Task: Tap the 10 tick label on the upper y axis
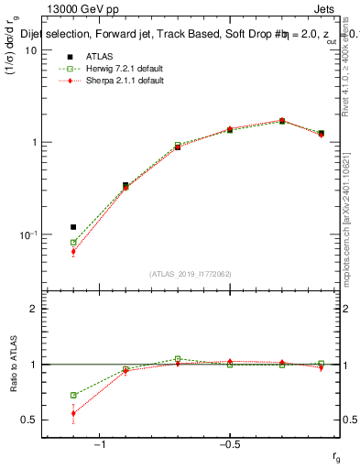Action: tap(30, 50)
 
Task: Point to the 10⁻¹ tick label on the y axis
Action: tap(28, 235)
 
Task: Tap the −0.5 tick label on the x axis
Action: tap(229, 446)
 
